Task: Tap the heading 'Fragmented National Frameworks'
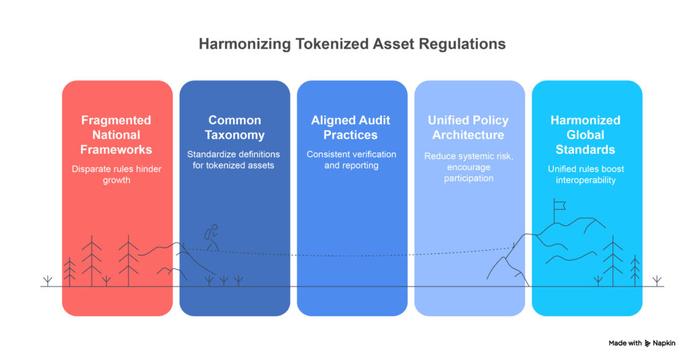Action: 117,134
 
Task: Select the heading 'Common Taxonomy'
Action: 234,127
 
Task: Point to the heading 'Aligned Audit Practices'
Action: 350,127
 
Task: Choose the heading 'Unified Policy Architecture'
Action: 468,127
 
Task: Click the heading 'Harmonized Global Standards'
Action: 586,134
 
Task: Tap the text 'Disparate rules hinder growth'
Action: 117,174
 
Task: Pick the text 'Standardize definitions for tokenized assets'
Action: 234,160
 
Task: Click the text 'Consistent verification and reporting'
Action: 350,160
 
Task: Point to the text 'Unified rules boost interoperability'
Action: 586,174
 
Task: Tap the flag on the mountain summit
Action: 559,206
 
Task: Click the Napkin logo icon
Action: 648,343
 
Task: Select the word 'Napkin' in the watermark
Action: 666,343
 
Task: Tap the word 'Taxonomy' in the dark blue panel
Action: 234,135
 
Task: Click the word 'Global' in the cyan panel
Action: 586,135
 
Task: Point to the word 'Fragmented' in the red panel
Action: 117,120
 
